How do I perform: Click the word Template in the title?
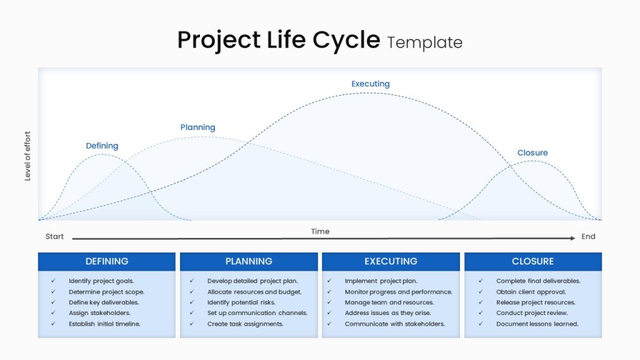[x=424, y=42]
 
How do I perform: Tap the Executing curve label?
[x=371, y=84]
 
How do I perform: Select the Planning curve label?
[x=197, y=127]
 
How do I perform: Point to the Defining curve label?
[x=102, y=146]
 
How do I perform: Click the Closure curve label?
[x=532, y=152]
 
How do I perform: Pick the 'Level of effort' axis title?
[x=27, y=156]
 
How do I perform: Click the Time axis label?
[x=320, y=231]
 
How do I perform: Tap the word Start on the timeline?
[x=55, y=236]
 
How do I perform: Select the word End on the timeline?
[x=588, y=236]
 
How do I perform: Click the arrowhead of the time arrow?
[x=572, y=238]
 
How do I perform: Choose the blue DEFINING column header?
[x=107, y=262]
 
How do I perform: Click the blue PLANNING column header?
[x=249, y=262]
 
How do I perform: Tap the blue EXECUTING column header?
[x=391, y=262]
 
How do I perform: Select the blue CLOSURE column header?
[x=533, y=262]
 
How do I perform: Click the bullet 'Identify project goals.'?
[x=101, y=281]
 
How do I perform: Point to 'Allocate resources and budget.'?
[x=254, y=292]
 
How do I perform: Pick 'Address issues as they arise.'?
[x=387, y=313]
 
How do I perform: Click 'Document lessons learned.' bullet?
[x=537, y=324]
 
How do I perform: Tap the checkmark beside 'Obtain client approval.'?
[x=481, y=291]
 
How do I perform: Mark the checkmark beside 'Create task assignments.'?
[x=192, y=323]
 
